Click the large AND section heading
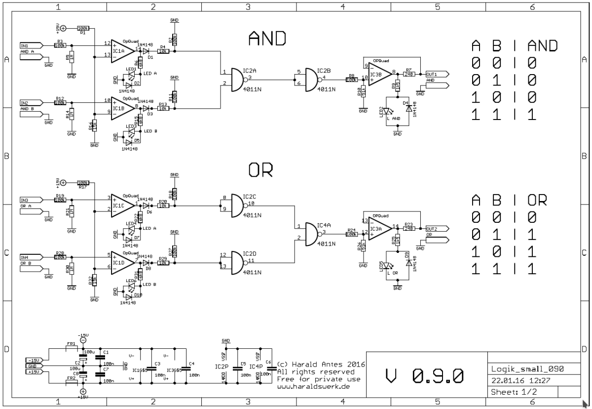pyautogui.click(x=267, y=38)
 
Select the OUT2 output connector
pyautogui.click(x=437, y=229)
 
